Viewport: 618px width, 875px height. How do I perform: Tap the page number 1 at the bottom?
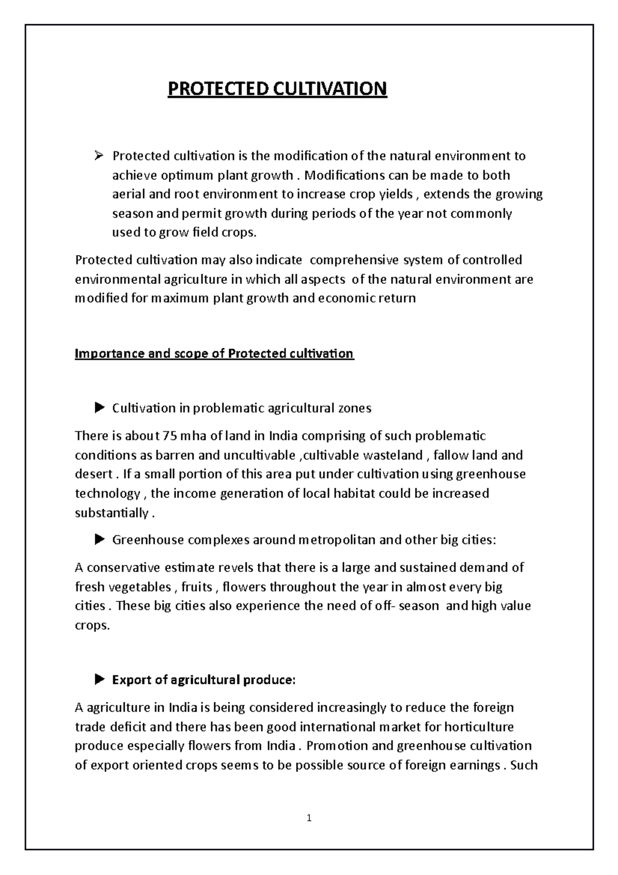(x=309, y=818)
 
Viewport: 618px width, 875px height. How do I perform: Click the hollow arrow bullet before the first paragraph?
(x=100, y=155)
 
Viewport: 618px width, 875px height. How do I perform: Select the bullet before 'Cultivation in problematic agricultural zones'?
(x=99, y=409)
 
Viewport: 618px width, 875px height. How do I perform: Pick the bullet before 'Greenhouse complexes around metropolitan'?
(x=99, y=540)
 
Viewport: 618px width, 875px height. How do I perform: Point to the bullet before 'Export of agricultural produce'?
(x=99, y=680)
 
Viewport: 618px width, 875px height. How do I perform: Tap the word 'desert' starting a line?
(x=93, y=474)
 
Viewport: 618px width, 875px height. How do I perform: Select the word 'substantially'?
(x=111, y=513)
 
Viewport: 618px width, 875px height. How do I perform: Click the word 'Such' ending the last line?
(x=524, y=765)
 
